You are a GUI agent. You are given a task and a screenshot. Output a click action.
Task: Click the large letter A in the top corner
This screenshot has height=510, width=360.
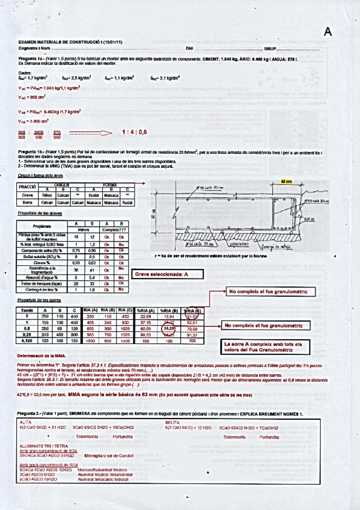(x=328, y=32)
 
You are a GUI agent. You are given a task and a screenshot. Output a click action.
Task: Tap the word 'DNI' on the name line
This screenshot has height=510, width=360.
(x=190, y=47)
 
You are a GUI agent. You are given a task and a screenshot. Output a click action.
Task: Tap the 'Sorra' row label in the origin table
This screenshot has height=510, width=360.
(x=27, y=203)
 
